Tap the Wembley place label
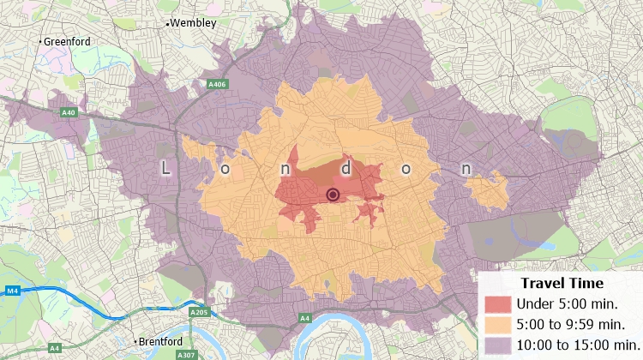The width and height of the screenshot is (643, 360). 193,23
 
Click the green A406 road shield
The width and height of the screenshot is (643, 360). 217,84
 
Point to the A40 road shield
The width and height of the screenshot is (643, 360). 68,112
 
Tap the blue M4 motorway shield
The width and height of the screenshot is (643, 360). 12,291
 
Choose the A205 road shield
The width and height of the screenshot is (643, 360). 199,313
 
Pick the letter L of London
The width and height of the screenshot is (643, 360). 165,169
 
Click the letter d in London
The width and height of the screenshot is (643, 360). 346,169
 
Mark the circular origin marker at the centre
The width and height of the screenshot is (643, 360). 334,195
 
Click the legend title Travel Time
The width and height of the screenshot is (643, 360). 562,283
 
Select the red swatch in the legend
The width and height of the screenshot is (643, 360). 497,303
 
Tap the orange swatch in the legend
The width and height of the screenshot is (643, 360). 497,324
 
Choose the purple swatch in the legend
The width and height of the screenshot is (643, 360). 497,345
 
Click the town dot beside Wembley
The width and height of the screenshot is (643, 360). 167,23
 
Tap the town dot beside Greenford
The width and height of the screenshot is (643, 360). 39,41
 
